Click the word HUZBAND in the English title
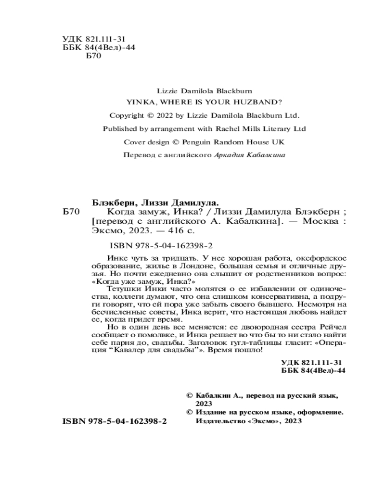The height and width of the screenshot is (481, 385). pyautogui.click(x=260, y=102)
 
